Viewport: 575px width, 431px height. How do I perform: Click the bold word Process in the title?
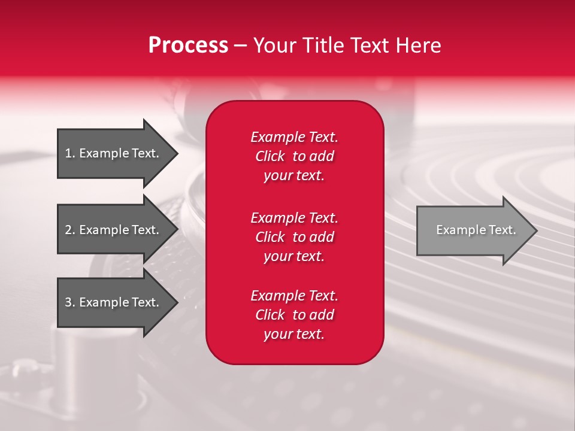pos(188,45)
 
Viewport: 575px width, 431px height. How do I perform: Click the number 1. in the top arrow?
pos(70,153)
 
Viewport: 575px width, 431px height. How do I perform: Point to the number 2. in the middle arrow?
pos(70,230)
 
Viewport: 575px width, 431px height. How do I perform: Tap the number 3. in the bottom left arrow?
pos(70,302)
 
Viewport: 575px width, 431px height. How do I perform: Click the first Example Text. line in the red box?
pos(294,137)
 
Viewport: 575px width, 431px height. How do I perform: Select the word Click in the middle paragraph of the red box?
pos(270,237)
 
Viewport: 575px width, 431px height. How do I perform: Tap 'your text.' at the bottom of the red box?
pos(294,334)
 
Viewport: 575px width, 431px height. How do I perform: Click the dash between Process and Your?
pos(241,45)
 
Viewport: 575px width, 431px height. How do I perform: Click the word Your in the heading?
pos(273,45)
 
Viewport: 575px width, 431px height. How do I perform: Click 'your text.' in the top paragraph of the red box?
pos(294,175)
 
